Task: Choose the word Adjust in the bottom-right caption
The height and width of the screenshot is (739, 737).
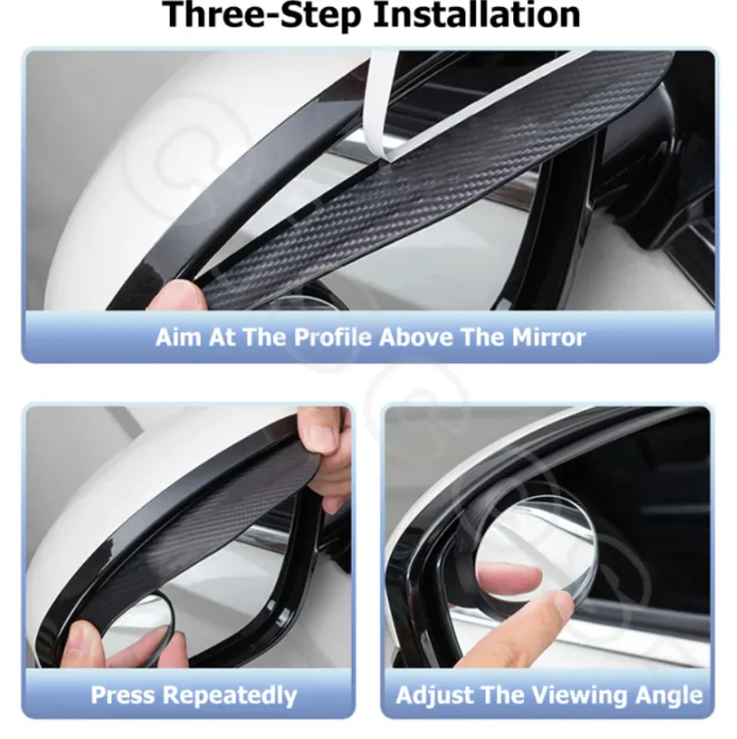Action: [x=436, y=694]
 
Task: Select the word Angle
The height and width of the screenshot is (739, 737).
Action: [x=667, y=694]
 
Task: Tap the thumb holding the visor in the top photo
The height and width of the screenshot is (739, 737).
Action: [x=176, y=296]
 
